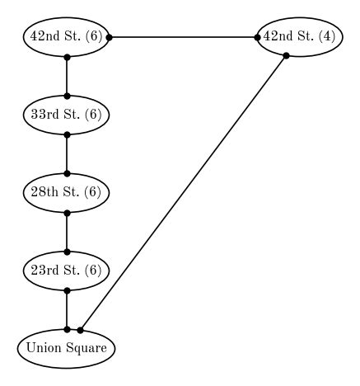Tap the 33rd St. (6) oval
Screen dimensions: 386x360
(x=66, y=115)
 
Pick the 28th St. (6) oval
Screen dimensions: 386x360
(x=66, y=192)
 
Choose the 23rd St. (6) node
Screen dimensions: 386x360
(x=66, y=270)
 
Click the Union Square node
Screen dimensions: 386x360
(x=66, y=348)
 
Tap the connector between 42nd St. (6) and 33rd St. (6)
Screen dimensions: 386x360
(x=66, y=76)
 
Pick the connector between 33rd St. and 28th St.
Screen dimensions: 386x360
(x=66, y=153)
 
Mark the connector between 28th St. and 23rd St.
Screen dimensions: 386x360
(x=66, y=231)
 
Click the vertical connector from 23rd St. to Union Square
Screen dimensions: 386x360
(x=66, y=309)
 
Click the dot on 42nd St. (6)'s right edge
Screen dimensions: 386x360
(x=110, y=37)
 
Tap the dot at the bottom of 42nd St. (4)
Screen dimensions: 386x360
(x=286, y=56)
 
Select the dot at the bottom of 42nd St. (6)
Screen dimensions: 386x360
(x=66, y=57)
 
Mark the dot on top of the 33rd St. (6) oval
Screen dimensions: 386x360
(x=66, y=96)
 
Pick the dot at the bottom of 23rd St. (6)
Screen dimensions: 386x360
(x=66, y=289)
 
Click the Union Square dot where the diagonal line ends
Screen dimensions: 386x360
(x=80, y=330)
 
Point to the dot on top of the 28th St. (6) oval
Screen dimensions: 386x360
(x=66, y=173)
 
